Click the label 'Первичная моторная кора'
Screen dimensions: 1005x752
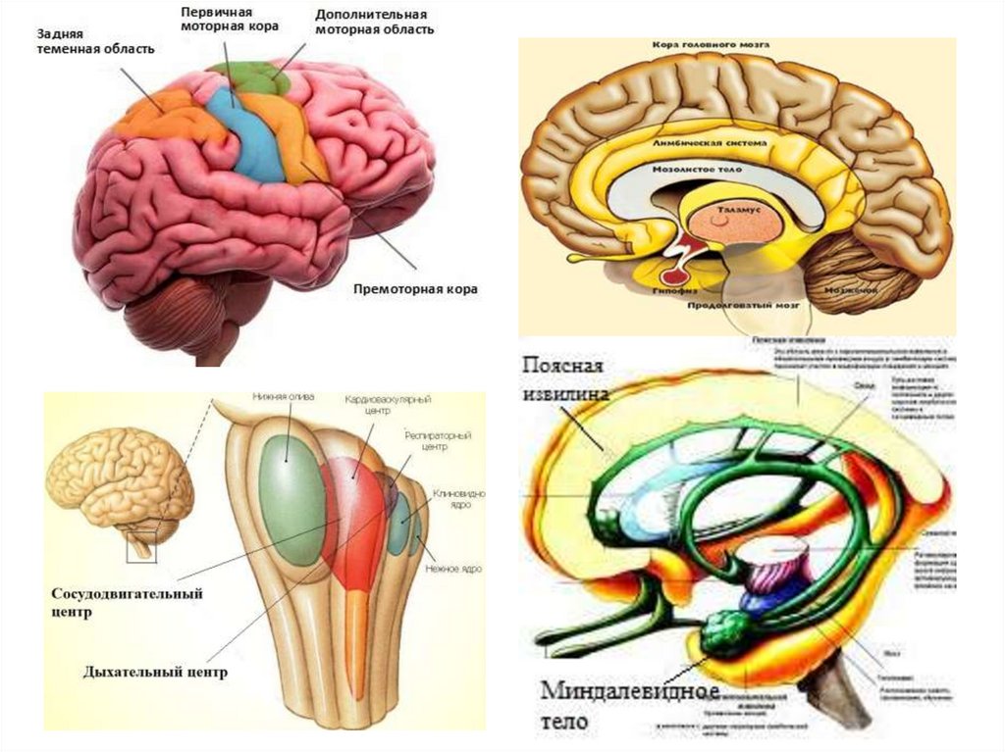[x=229, y=20]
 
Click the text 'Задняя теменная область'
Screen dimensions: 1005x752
[x=94, y=41]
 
